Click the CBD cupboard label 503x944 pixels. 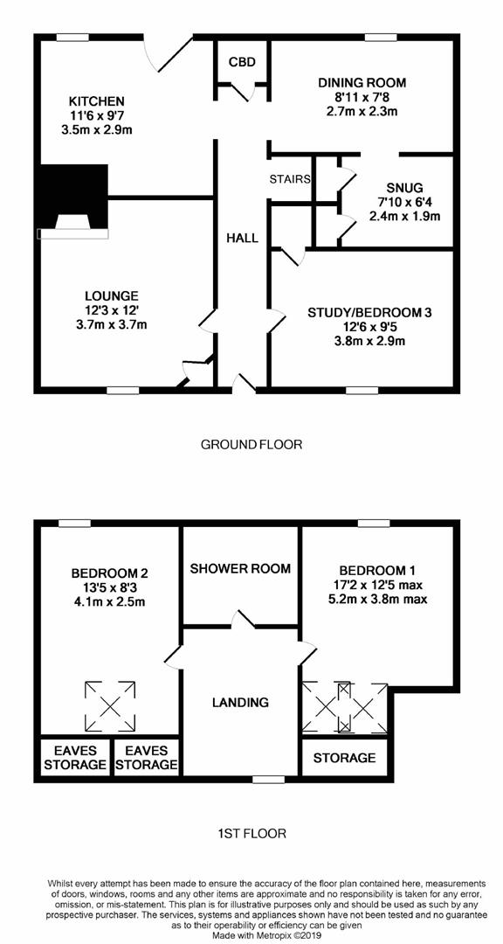tap(242, 62)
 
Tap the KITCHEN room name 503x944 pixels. tap(97, 101)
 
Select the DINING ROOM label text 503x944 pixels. tap(362, 83)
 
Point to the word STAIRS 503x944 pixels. tap(291, 179)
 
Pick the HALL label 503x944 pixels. tap(242, 238)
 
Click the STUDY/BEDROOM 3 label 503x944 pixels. tap(370, 312)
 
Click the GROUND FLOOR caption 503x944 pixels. tap(251, 445)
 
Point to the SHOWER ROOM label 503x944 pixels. tap(240, 568)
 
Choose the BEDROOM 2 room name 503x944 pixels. tap(110, 573)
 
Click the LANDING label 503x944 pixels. tap(240, 702)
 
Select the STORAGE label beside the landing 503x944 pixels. tap(344, 758)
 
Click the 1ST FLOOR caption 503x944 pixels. tap(251, 834)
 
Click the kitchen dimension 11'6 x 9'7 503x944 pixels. tap(97, 115)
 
